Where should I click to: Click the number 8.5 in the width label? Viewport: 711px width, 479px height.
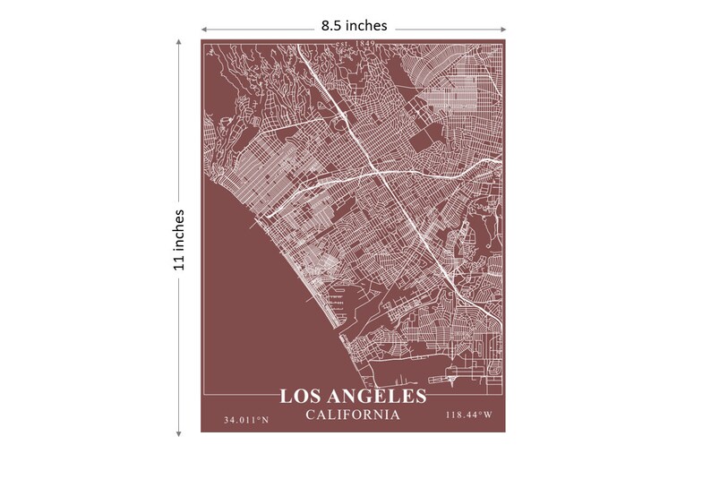tap(333, 26)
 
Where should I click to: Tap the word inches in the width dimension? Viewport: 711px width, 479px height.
tap(367, 26)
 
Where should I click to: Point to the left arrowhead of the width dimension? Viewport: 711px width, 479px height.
tap(203, 29)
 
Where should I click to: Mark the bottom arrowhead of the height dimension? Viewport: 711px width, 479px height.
tap(179, 432)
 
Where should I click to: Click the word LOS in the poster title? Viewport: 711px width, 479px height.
tap(297, 397)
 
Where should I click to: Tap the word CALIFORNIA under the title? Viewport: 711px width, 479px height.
tap(352, 415)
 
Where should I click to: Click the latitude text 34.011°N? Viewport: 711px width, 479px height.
tap(247, 419)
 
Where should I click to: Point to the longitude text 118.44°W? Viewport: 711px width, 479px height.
tap(468, 415)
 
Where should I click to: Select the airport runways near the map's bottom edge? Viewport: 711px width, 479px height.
tap(466, 372)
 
